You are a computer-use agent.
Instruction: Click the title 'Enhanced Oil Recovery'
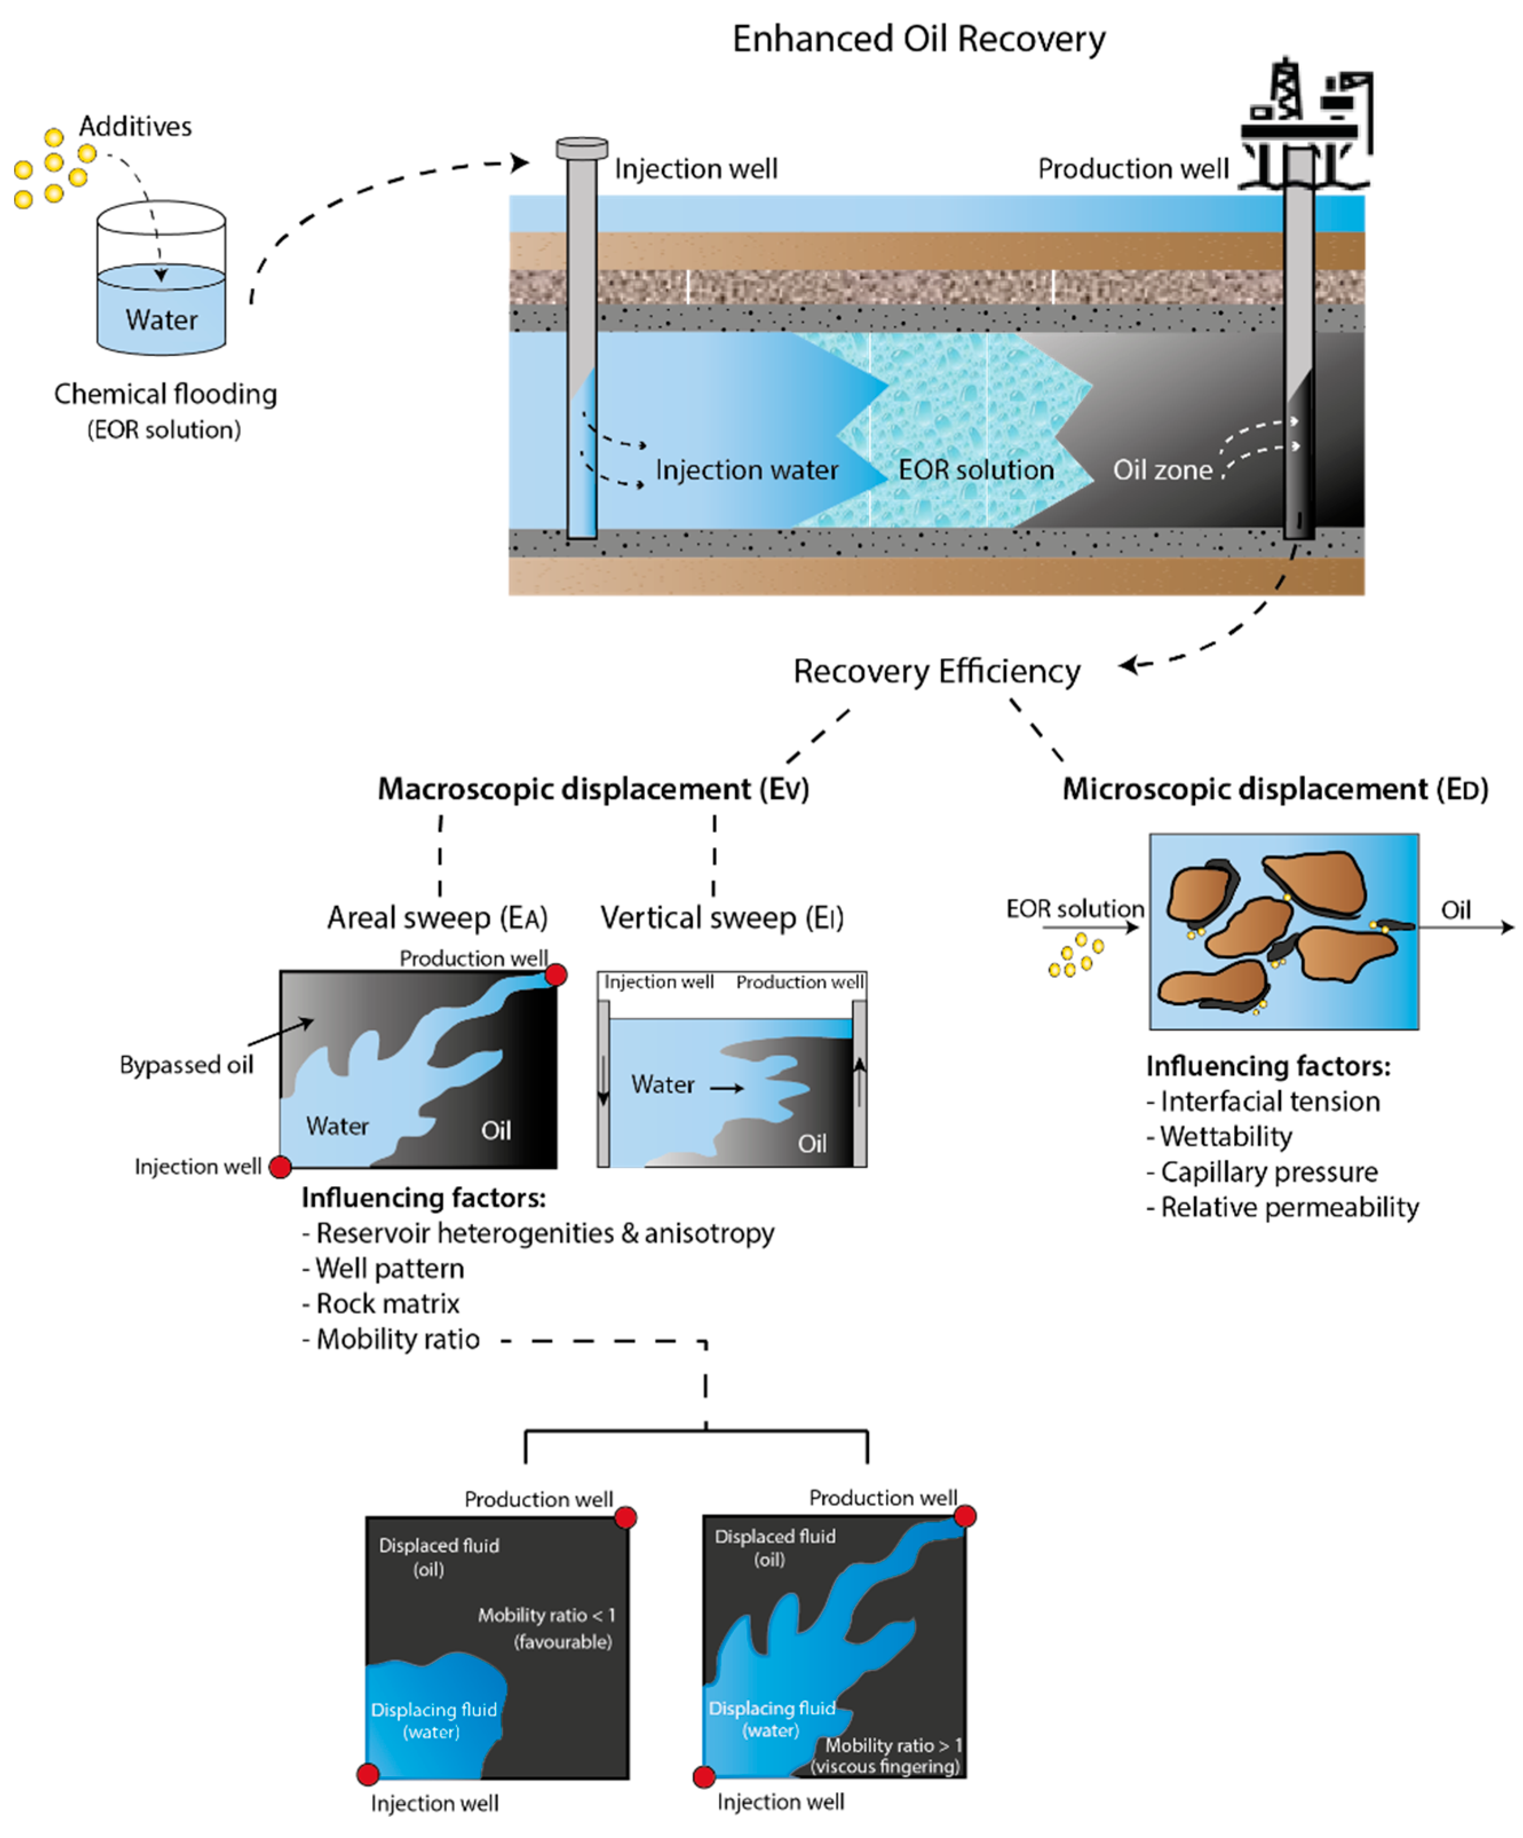tap(918, 39)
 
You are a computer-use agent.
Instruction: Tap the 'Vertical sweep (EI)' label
tap(721, 917)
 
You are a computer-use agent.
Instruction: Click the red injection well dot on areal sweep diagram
tap(280, 1167)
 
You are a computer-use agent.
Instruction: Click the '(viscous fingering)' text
tap(885, 1766)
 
